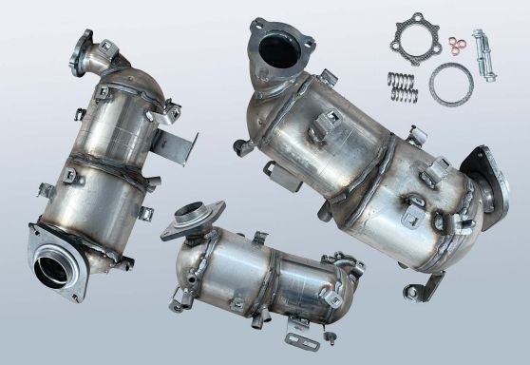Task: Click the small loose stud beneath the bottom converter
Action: coord(330,336)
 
